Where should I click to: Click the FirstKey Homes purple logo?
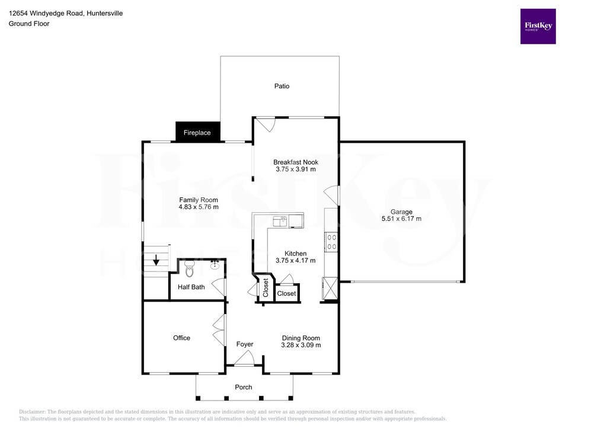(x=538, y=26)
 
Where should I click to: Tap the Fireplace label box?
(x=198, y=132)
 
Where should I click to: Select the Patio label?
(x=282, y=86)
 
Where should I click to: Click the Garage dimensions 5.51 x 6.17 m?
(x=401, y=219)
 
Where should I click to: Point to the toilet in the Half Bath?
(x=189, y=269)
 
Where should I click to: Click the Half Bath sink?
(x=215, y=265)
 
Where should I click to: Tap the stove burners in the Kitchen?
(x=332, y=242)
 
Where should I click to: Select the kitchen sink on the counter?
(x=280, y=221)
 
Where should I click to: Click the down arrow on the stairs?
(x=156, y=260)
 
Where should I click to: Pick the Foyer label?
(x=245, y=344)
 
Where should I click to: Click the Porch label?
(x=244, y=387)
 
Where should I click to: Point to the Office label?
(x=181, y=338)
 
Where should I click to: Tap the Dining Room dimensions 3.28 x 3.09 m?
(x=301, y=345)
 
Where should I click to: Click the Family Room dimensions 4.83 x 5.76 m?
(x=199, y=207)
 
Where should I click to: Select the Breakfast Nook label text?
(x=296, y=162)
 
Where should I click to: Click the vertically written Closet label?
(x=266, y=288)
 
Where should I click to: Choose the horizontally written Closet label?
(x=286, y=294)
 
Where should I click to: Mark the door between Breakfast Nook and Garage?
(x=332, y=196)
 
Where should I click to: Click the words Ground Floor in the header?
(x=29, y=24)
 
